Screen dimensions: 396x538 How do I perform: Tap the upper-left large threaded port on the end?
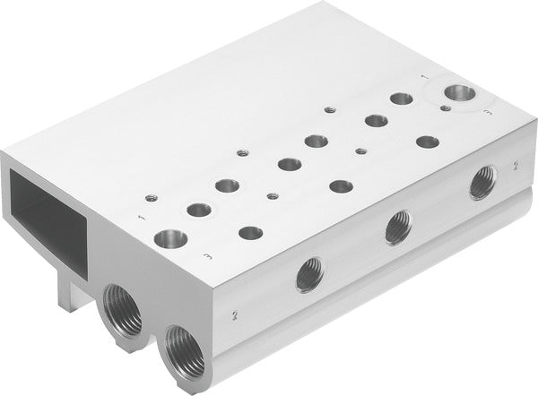pyautogui.click(x=123, y=307)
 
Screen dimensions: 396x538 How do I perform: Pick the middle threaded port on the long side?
pyautogui.click(x=398, y=228)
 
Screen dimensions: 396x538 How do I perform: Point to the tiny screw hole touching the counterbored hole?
pyautogui.click(x=446, y=108)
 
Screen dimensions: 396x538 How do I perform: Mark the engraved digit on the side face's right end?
pyautogui.click(x=516, y=167)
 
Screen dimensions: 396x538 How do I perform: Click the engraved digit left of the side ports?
pyautogui.click(x=234, y=315)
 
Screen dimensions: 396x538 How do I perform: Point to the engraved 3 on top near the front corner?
pyautogui.click(x=209, y=256)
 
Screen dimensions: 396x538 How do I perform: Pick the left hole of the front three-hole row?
pyautogui.click(x=251, y=233)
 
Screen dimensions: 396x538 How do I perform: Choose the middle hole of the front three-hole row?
pyautogui.click(x=341, y=186)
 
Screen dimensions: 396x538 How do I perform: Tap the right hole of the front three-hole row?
pyautogui.click(x=428, y=142)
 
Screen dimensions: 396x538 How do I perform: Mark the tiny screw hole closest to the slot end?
pyautogui.click(x=149, y=198)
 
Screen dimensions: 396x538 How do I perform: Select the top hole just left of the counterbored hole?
pyautogui.click(x=402, y=99)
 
